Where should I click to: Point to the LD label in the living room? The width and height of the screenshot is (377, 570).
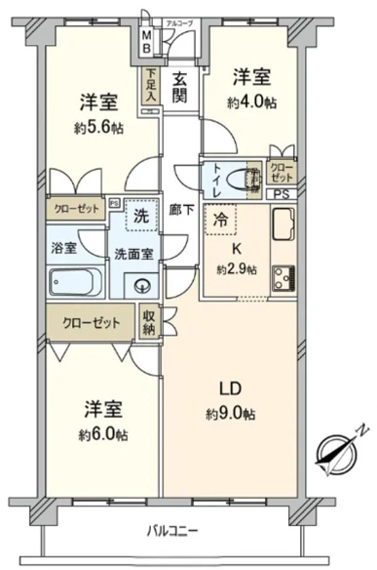[x=229, y=389]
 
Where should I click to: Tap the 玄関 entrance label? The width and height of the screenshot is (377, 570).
[x=180, y=89]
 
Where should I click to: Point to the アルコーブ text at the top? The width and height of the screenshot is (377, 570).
[x=179, y=21]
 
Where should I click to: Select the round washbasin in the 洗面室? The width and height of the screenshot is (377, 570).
[x=141, y=286]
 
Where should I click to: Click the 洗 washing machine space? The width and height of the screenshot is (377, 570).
[x=141, y=216]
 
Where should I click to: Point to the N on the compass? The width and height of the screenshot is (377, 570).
[x=361, y=428]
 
